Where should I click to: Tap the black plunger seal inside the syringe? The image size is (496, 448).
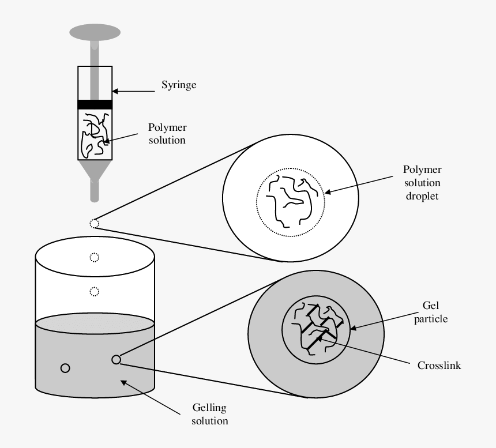[95, 104]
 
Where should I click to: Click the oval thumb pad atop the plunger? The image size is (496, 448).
[95, 32]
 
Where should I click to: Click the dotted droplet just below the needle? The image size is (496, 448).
[95, 224]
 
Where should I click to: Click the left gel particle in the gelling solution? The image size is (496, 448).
[65, 368]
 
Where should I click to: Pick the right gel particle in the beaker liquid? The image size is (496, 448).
[116, 359]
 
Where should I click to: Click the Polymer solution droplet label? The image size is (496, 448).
[422, 183]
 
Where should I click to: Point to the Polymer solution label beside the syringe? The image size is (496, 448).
[167, 133]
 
